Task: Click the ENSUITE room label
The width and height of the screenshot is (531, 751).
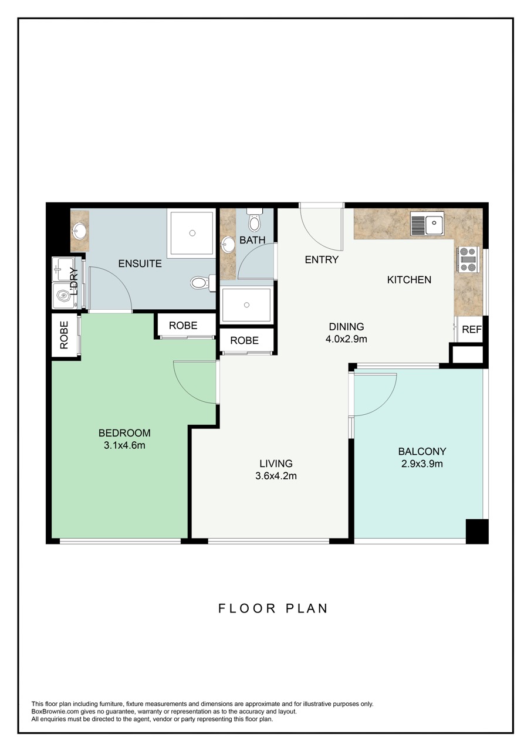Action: [x=140, y=263]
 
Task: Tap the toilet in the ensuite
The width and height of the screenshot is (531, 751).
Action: [x=201, y=283]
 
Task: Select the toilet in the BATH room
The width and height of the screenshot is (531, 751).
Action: [x=255, y=221]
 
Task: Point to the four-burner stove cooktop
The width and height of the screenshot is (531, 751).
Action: [x=468, y=259]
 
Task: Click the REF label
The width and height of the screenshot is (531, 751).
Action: [x=471, y=330]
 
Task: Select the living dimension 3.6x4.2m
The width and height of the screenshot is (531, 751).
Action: [x=276, y=476]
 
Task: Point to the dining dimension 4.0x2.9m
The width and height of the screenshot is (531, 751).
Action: [x=346, y=339]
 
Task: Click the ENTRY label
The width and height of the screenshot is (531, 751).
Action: [x=322, y=259]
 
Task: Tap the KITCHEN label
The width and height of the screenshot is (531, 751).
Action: [x=409, y=280]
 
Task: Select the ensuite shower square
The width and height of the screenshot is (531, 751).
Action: [x=192, y=233]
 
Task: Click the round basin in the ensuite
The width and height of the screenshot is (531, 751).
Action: [x=79, y=231]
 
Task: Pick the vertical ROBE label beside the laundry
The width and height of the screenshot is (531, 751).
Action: [x=64, y=335]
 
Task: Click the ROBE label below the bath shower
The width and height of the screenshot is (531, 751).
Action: [x=245, y=340]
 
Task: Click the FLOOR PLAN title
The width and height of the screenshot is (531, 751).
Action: [x=273, y=608]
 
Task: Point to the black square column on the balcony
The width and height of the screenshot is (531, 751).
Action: [x=476, y=530]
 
